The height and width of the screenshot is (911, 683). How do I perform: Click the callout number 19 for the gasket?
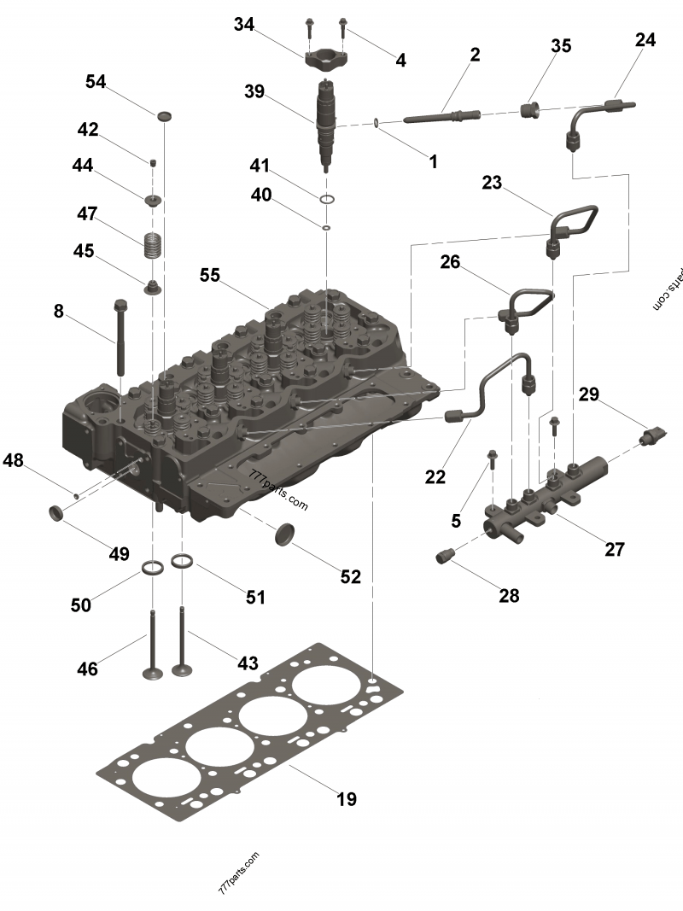click(x=346, y=799)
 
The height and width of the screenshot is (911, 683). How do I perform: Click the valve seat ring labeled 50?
click(x=153, y=568)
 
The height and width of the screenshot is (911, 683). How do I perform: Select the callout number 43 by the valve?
click(x=247, y=662)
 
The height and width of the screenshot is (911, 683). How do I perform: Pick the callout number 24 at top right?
click(x=645, y=39)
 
